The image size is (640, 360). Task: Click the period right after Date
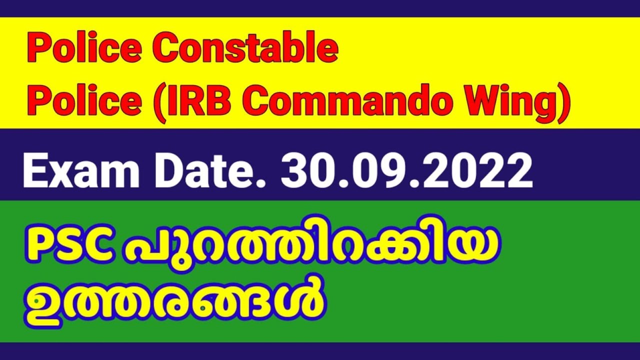click(268, 183)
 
